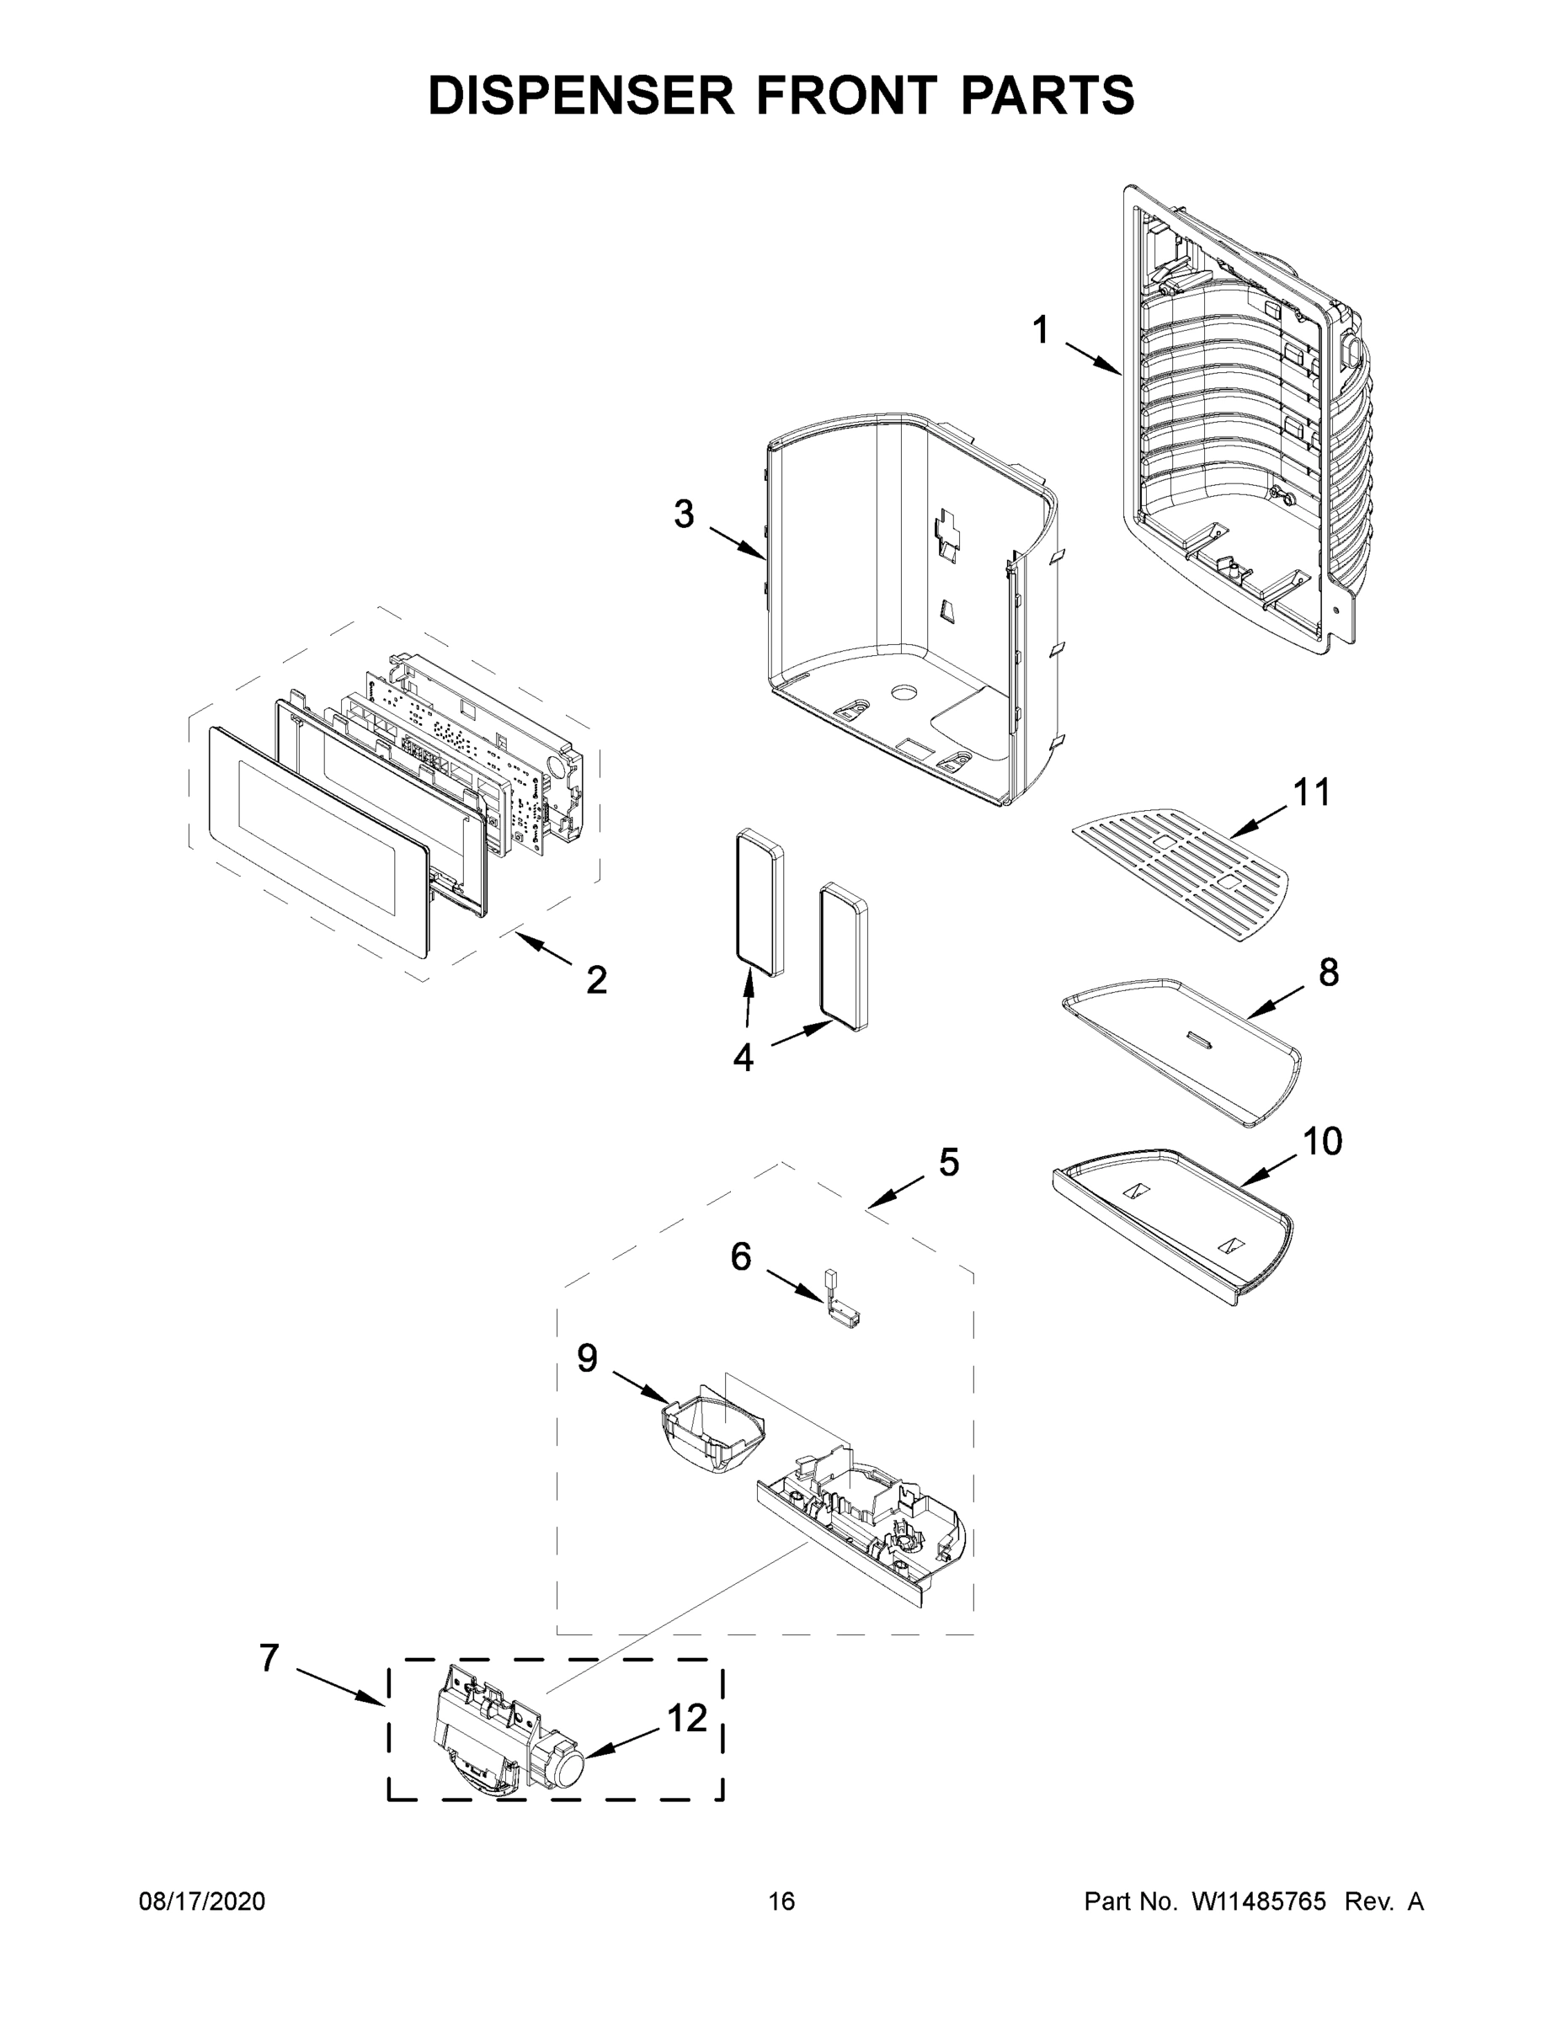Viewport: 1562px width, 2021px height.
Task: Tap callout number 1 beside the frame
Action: pos(1040,330)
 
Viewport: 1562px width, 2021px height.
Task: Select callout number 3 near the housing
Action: pos(683,515)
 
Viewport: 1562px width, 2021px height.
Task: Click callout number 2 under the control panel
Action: pos(596,980)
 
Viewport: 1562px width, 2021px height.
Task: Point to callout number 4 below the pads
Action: pos(743,1058)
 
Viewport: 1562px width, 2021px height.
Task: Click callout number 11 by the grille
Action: pos(1311,792)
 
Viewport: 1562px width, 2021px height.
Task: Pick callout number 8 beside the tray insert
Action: pos(1328,973)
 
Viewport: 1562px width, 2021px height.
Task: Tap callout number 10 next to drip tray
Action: pos(1322,1142)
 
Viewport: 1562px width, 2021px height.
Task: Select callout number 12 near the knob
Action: pos(686,1719)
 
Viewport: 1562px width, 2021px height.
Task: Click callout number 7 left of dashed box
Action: pos(269,1658)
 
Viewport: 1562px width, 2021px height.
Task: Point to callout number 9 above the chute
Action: pos(587,1359)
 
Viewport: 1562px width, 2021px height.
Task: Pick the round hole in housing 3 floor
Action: pos(902,691)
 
